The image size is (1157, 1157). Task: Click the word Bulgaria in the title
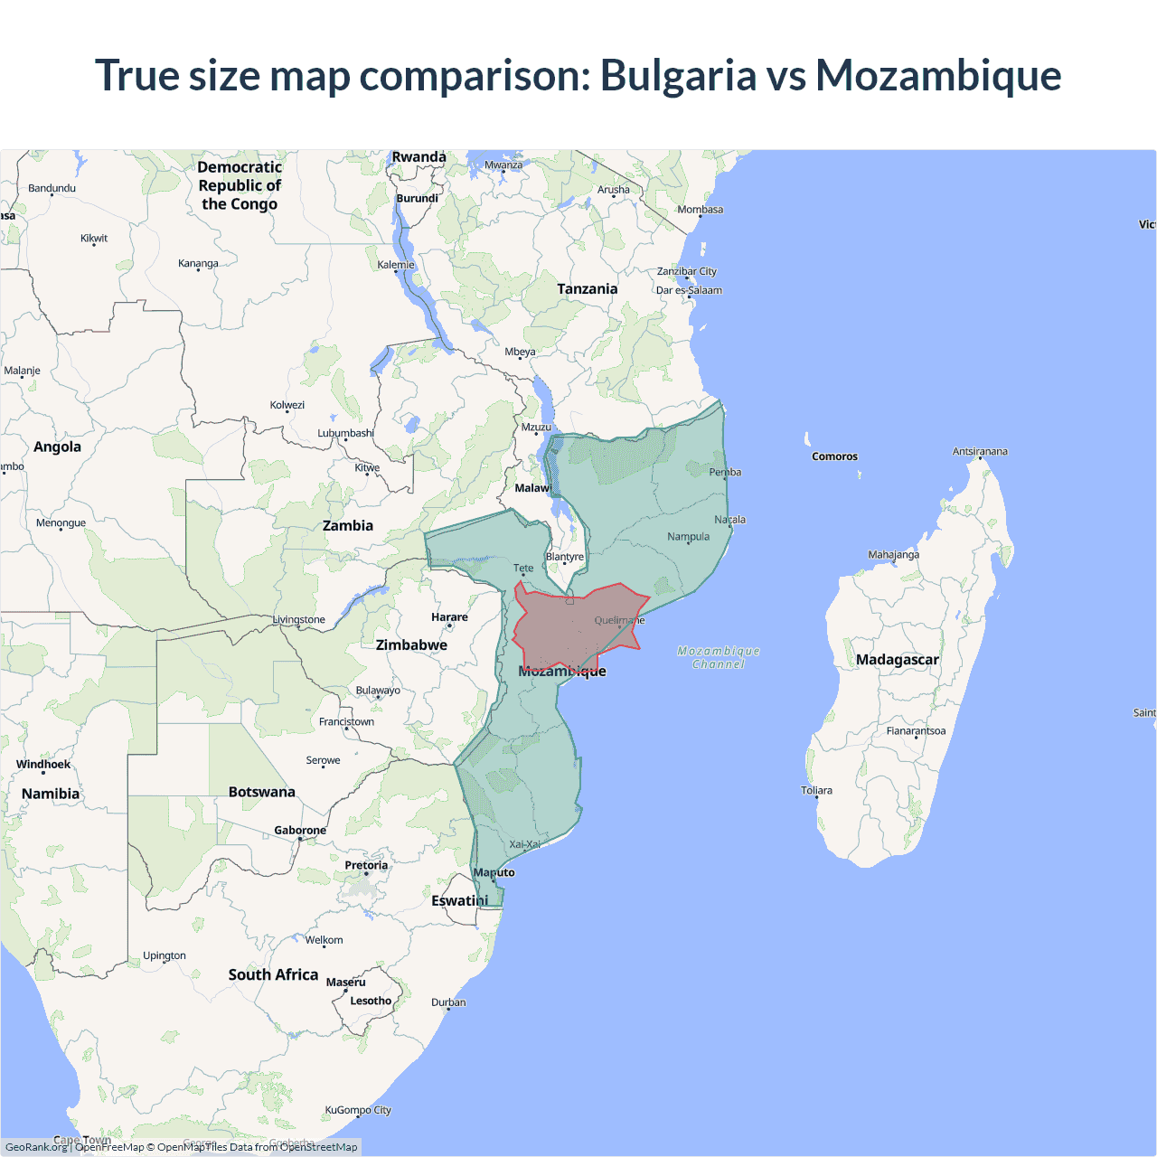point(678,76)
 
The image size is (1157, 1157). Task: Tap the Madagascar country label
point(897,660)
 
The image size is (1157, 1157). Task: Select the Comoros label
point(834,456)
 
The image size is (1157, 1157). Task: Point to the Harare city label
point(449,617)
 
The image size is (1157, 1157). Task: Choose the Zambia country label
point(348,526)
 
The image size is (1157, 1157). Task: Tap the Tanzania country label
point(588,289)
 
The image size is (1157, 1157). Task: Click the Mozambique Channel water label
point(719,657)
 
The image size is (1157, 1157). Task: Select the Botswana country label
point(262,792)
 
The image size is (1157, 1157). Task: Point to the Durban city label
point(448,1002)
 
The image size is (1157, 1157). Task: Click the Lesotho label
point(371,1001)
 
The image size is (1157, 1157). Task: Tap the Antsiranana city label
point(980,451)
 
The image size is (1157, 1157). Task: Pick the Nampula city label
point(688,537)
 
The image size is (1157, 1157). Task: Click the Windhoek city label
point(43,765)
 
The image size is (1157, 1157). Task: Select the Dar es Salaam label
point(689,290)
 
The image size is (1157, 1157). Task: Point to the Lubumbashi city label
point(345,433)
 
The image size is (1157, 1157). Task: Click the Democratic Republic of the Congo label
point(240,185)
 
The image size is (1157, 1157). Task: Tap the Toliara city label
point(816,791)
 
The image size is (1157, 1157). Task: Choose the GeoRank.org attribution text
point(36,1147)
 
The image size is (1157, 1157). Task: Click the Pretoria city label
point(366,866)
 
